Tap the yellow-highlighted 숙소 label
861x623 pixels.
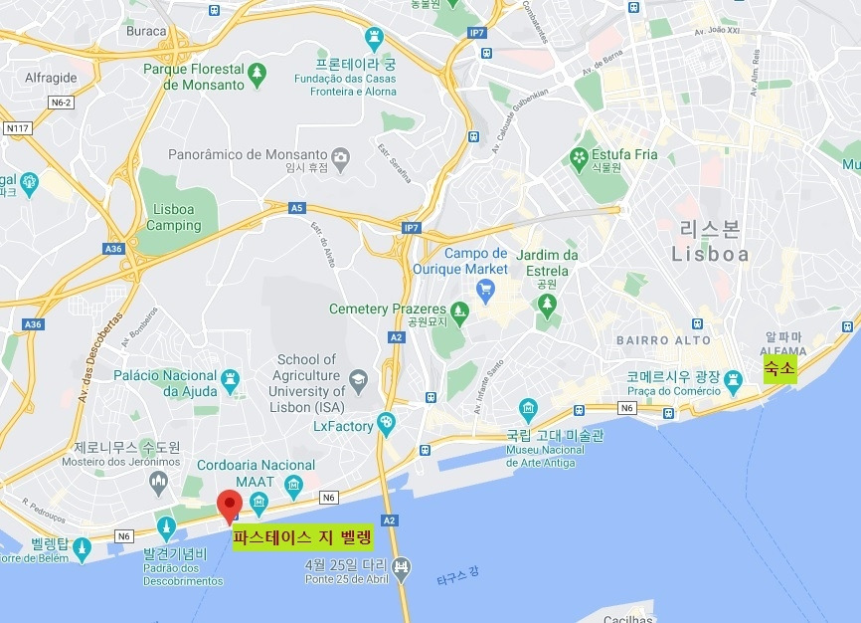[779, 370]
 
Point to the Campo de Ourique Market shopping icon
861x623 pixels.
[486, 291]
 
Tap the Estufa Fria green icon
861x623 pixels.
[578, 155]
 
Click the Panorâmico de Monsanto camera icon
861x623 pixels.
[340, 156]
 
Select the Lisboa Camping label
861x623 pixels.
[174, 217]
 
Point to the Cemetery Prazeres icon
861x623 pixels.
[459, 310]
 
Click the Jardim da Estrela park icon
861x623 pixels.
[546, 303]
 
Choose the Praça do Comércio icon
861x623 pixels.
[734, 379]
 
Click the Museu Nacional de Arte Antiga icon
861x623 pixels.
[528, 408]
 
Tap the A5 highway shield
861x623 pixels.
[296, 208]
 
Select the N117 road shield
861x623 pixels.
[17, 127]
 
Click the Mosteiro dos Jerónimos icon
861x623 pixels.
[158, 484]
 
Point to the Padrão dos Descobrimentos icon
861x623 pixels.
[166, 526]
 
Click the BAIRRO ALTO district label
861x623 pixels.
[663, 340]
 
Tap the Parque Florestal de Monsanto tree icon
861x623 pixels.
[258, 71]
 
